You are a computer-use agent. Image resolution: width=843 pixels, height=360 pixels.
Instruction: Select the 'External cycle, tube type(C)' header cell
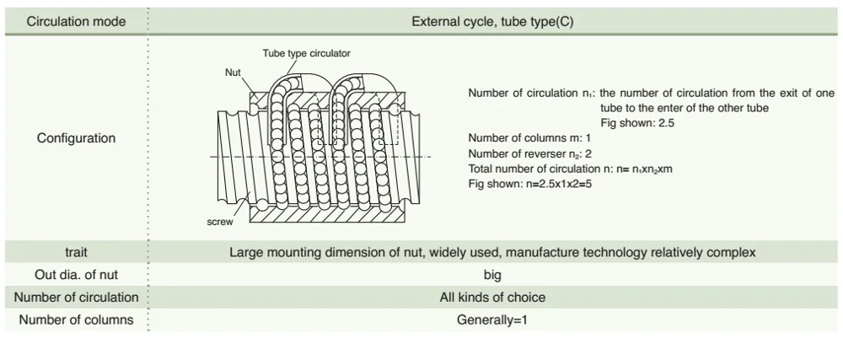492,20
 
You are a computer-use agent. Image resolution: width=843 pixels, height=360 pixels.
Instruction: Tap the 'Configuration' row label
76,138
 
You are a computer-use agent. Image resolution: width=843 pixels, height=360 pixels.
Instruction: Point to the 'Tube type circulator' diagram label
307,53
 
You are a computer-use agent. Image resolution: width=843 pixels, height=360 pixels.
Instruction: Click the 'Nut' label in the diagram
233,73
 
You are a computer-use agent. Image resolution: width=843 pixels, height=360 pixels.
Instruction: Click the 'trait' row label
77,251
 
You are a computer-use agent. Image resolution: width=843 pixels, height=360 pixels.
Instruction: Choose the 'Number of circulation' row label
76,297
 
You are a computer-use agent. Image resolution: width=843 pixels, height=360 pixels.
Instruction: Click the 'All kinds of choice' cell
492,297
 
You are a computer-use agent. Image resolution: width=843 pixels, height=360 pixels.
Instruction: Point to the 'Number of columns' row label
76,320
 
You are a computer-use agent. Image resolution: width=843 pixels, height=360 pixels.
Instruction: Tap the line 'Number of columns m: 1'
524,137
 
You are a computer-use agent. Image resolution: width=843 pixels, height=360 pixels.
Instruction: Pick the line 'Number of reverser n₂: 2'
529,153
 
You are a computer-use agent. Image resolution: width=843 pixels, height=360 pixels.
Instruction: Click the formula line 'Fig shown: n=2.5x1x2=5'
532,183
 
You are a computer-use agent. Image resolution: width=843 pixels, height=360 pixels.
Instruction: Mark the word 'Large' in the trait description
247,251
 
